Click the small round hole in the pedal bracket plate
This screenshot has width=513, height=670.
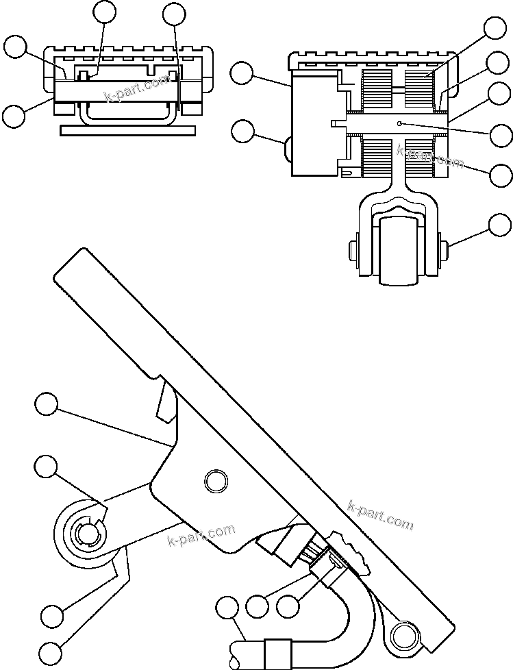(x=215, y=480)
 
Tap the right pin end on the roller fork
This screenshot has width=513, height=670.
(x=442, y=247)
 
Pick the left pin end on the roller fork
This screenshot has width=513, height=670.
(x=354, y=247)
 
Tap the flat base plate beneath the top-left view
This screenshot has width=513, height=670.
(x=128, y=130)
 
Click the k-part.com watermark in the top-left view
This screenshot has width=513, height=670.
(x=136, y=88)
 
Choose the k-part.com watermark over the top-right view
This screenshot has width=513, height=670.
(x=429, y=156)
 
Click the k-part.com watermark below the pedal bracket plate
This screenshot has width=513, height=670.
(x=201, y=536)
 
